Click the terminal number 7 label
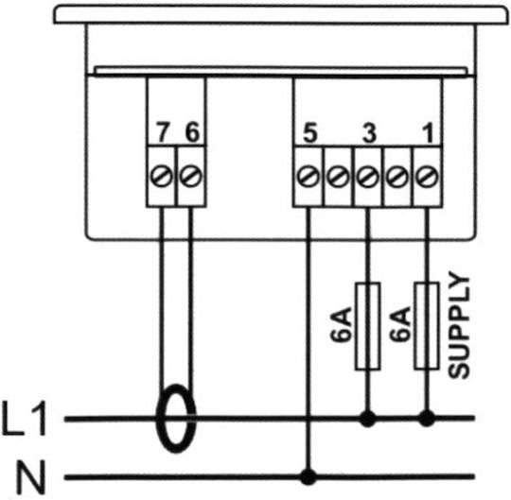pyautogui.click(x=163, y=132)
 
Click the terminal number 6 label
pyautogui.click(x=192, y=132)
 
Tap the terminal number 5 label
pyautogui.click(x=309, y=133)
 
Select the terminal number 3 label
pyautogui.click(x=369, y=133)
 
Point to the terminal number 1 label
pyautogui.click(x=428, y=133)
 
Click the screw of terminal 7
pyautogui.click(x=161, y=177)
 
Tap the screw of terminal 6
pyautogui.click(x=191, y=177)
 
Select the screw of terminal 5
pyautogui.click(x=308, y=177)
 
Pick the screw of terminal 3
pyautogui.click(x=368, y=177)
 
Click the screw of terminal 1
pyautogui.click(x=427, y=177)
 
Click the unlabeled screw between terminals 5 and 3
pyautogui.click(x=338, y=177)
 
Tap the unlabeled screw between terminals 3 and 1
pyautogui.click(x=397, y=177)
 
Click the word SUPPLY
pyautogui.click(x=459, y=325)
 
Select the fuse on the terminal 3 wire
pyautogui.click(x=367, y=326)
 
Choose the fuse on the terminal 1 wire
pyautogui.click(x=427, y=326)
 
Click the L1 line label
pyautogui.click(x=25, y=419)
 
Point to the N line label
pyautogui.click(x=31, y=477)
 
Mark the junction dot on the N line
pyautogui.click(x=308, y=477)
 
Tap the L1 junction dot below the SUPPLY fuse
pyautogui.click(x=427, y=419)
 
